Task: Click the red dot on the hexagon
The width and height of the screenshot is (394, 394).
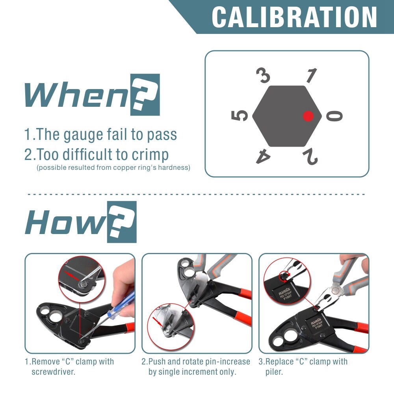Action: (x=308, y=116)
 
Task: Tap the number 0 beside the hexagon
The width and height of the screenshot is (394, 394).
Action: (x=334, y=116)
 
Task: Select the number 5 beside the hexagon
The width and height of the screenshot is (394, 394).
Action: (x=240, y=115)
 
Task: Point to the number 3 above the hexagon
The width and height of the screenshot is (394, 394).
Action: (x=263, y=75)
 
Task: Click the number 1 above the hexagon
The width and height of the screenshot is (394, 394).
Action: (x=311, y=75)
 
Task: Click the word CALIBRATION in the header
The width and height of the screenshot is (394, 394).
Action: (x=294, y=17)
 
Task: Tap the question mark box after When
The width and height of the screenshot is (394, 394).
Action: (x=145, y=95)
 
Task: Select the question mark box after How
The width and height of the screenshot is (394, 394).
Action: (x=122, y=222)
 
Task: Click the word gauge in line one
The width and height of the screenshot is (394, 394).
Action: (x=84, y=135)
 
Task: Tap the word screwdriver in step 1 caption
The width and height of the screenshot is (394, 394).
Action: (x=53, y=372)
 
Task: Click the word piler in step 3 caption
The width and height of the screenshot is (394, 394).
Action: (x=274, y=372)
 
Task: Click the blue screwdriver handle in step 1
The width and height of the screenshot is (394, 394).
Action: (x=121, y=305)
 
